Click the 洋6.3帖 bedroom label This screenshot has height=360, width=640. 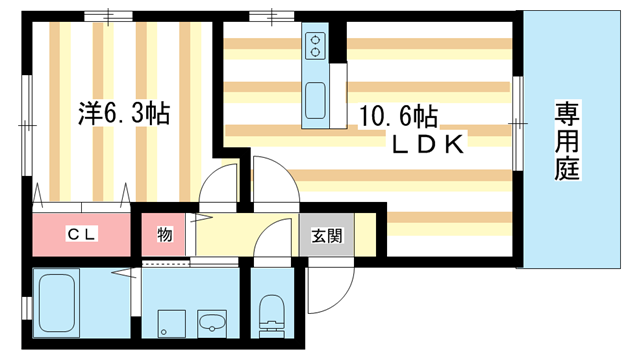click(124, 113)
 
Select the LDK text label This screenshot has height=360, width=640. click(425, 146)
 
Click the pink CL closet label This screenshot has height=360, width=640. click(81, 235)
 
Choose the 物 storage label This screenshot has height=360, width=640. click(165, 236)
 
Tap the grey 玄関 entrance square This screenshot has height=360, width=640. click(325, 236)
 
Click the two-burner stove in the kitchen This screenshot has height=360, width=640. click(316, 45)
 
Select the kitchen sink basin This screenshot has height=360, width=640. click(316, 101)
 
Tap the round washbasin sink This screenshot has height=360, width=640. click(212, 323)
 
